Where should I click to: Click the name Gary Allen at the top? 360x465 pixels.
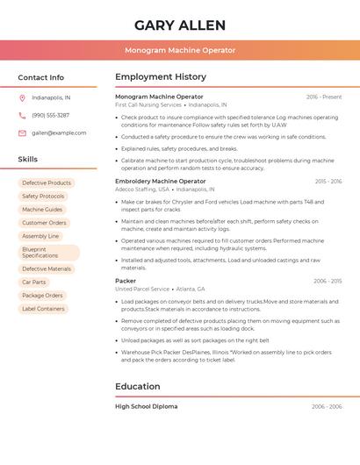pyautogui.click(x=180, y=25)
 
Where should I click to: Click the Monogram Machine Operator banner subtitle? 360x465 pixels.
pyautogui.click(x=180, y=50)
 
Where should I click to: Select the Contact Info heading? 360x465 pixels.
pyautogui.click(x=40, y=77)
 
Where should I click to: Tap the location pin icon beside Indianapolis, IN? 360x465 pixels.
pyautogui.click(x=22, y=97)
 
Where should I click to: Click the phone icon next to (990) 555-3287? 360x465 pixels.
pyautogui.click(x=22, y=115)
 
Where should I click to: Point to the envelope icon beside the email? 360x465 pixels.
pyautogui.click(x=22, y=132)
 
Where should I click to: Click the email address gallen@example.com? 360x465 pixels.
pyautogui.click(x=59, y=132)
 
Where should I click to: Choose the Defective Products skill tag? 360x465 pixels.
pyautogui.click(x=47, y=183)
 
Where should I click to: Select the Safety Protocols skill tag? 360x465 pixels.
pyautogui.click(x=43, y=197)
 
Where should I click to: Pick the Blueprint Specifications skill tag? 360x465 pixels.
pyautogui.click(x=48, y=253)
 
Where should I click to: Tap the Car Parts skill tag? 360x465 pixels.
pyautogui.click(x=33, y=283)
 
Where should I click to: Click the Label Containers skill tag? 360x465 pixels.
pyautogui.click(x=43, y=309)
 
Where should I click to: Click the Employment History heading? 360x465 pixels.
pyautogui.click(x=161, y=77)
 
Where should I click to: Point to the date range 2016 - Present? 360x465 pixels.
pyautogui.click(x=324, y=97)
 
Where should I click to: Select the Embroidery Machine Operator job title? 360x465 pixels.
pyautogui.click(x=161, y=181)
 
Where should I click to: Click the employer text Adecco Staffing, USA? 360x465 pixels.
pyautogui.click(x=141, y=189)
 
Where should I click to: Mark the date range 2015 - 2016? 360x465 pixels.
pyautogui.click(x=328, y=182)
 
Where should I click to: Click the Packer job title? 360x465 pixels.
pyautogui.click(x=126, y=281)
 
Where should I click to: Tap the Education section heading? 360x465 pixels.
pyautogui.click(x=138, y=386)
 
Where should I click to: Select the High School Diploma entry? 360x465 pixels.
pyautogui.click(x=146, y=407)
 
